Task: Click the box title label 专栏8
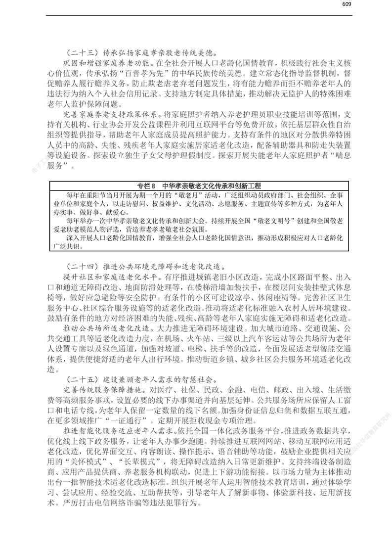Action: point(146,185)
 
